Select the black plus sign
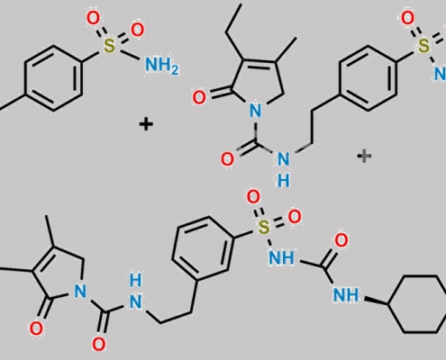click(146, 124)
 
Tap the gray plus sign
click(364, 156)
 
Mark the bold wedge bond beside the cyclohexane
click(376, 301)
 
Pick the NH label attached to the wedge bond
click(346, 294)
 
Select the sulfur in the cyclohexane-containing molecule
click(264, 227)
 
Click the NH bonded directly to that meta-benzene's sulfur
click(281, 257)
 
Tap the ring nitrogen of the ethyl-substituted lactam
click(255, 111)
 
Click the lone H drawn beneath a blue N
click(283, 181)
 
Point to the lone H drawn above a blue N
click(135, 280)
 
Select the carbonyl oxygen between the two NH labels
click(341, 240)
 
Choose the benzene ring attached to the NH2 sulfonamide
click(54, 78)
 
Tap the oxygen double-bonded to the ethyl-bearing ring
click(199, 98)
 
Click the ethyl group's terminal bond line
click(233, 18)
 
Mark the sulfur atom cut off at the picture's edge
click(423, 46)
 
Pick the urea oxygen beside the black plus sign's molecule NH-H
click(227, 159)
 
